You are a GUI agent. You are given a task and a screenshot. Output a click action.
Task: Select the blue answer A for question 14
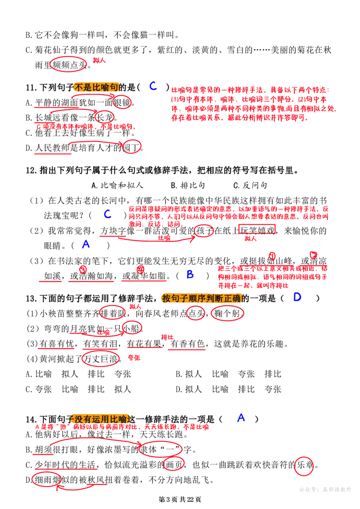[241, 418]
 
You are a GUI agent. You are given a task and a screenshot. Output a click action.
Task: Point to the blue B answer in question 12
[190, 275]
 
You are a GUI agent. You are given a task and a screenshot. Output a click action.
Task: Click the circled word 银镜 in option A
[122, 103]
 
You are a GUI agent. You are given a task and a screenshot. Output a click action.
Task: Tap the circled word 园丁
[131, 148]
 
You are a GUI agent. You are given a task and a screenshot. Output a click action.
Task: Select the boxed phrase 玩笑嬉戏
[257, 230]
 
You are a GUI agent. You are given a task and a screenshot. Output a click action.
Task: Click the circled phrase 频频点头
[69, 65]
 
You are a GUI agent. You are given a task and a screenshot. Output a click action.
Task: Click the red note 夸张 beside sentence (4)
[134, 358]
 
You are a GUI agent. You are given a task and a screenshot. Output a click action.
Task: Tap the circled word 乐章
[305, 465]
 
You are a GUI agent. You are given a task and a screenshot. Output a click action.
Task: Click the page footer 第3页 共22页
[180, 499]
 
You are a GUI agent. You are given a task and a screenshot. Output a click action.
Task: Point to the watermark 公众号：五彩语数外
[325, 489]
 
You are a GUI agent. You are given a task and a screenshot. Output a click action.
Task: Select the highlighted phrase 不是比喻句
[96, 87]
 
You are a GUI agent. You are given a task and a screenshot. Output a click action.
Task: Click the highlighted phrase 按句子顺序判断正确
[201, 297]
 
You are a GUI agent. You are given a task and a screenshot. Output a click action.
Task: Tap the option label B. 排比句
[188, 185]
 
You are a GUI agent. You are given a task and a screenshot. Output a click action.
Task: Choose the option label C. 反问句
[250, 185]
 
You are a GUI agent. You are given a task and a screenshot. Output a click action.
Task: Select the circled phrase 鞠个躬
[227, 313]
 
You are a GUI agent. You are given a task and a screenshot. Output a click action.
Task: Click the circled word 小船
[132, 329]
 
